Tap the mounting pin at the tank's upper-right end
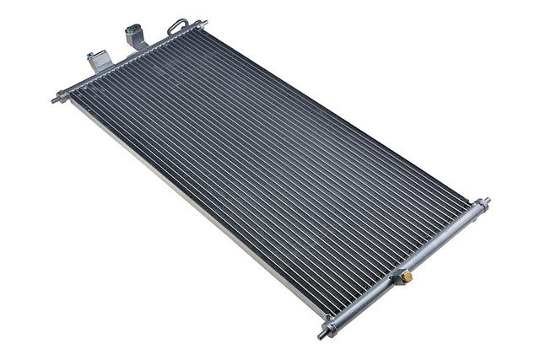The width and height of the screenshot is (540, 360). click(488, 201)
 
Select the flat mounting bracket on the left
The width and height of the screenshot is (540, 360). click(95, 59)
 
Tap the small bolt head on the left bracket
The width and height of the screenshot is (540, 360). click(89, 57)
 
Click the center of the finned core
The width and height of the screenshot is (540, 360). click(270, 177)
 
